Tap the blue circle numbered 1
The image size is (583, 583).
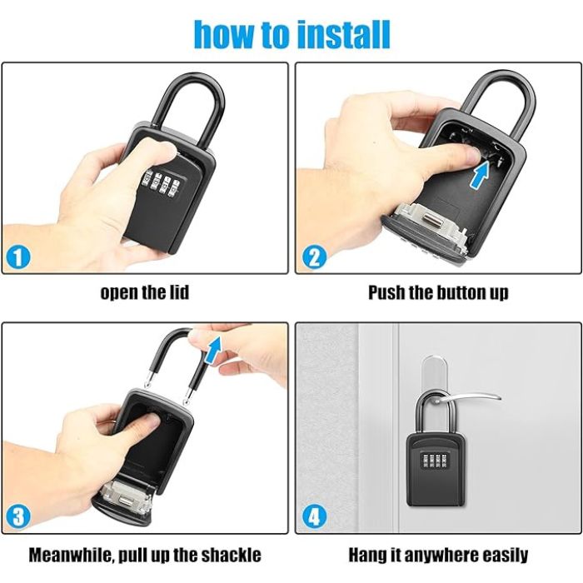tap(18, 257)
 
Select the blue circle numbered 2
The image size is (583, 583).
tap(315, 257)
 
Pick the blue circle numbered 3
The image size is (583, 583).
tap(18, 517)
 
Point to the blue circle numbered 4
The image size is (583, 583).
tap(315, 517)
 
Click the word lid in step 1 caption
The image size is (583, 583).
tap(180, 292)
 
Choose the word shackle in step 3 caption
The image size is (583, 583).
tap(231, 556)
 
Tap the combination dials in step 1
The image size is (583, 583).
tap(160, 182)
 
